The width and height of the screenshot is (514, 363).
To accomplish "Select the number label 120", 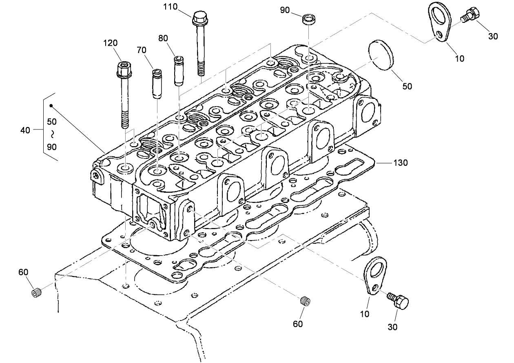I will click(x=110, y=43).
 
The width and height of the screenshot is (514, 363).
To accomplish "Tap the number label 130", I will click(x=400, y=163).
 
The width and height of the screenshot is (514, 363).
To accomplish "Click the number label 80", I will click(x=163, y=38).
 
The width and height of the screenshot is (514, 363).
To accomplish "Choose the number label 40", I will click(x=25, y=130).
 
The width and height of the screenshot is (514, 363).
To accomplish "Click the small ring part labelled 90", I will click(x=308, y=19).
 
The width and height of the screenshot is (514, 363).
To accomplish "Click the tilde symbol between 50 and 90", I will click(x=52, y=134).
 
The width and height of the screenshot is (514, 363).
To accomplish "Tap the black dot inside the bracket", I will click(x=51, y=106).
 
